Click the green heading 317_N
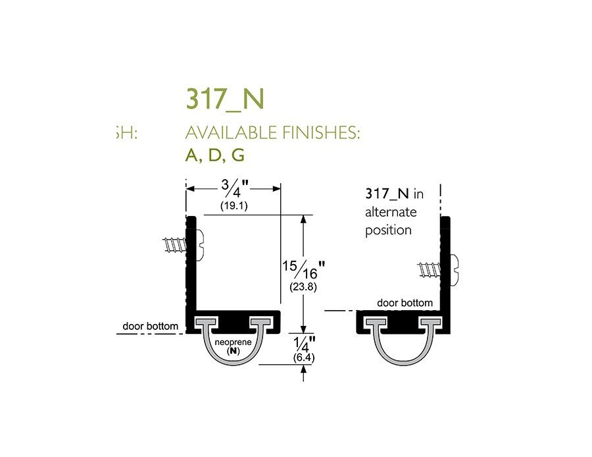225,98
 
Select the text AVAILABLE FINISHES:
273,132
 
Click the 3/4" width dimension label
234,189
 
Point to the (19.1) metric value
234,206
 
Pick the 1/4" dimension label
304,344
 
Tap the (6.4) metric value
304,358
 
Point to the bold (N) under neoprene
233,352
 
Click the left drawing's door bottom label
151,326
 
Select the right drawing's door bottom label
405,303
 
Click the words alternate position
391,221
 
